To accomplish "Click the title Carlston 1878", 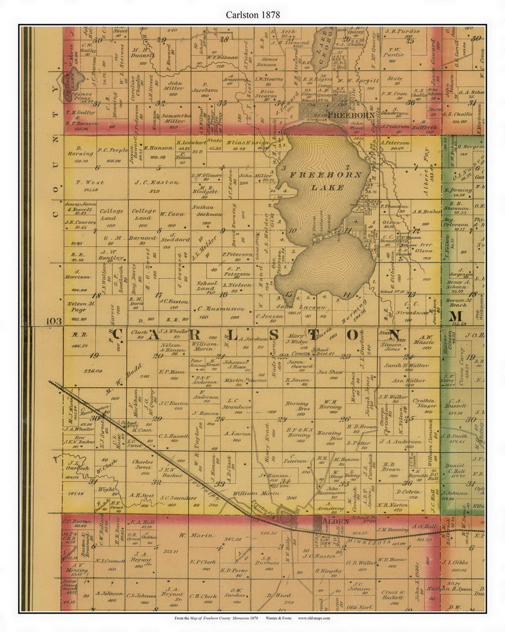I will [253, 15].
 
